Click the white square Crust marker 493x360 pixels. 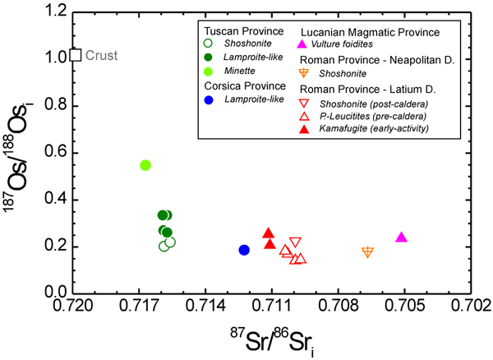tap(76, 55)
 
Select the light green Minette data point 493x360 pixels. tap(145, 165)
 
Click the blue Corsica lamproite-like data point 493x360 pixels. tap(244, 250)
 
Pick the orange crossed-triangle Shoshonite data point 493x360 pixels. tap(367, 252)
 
